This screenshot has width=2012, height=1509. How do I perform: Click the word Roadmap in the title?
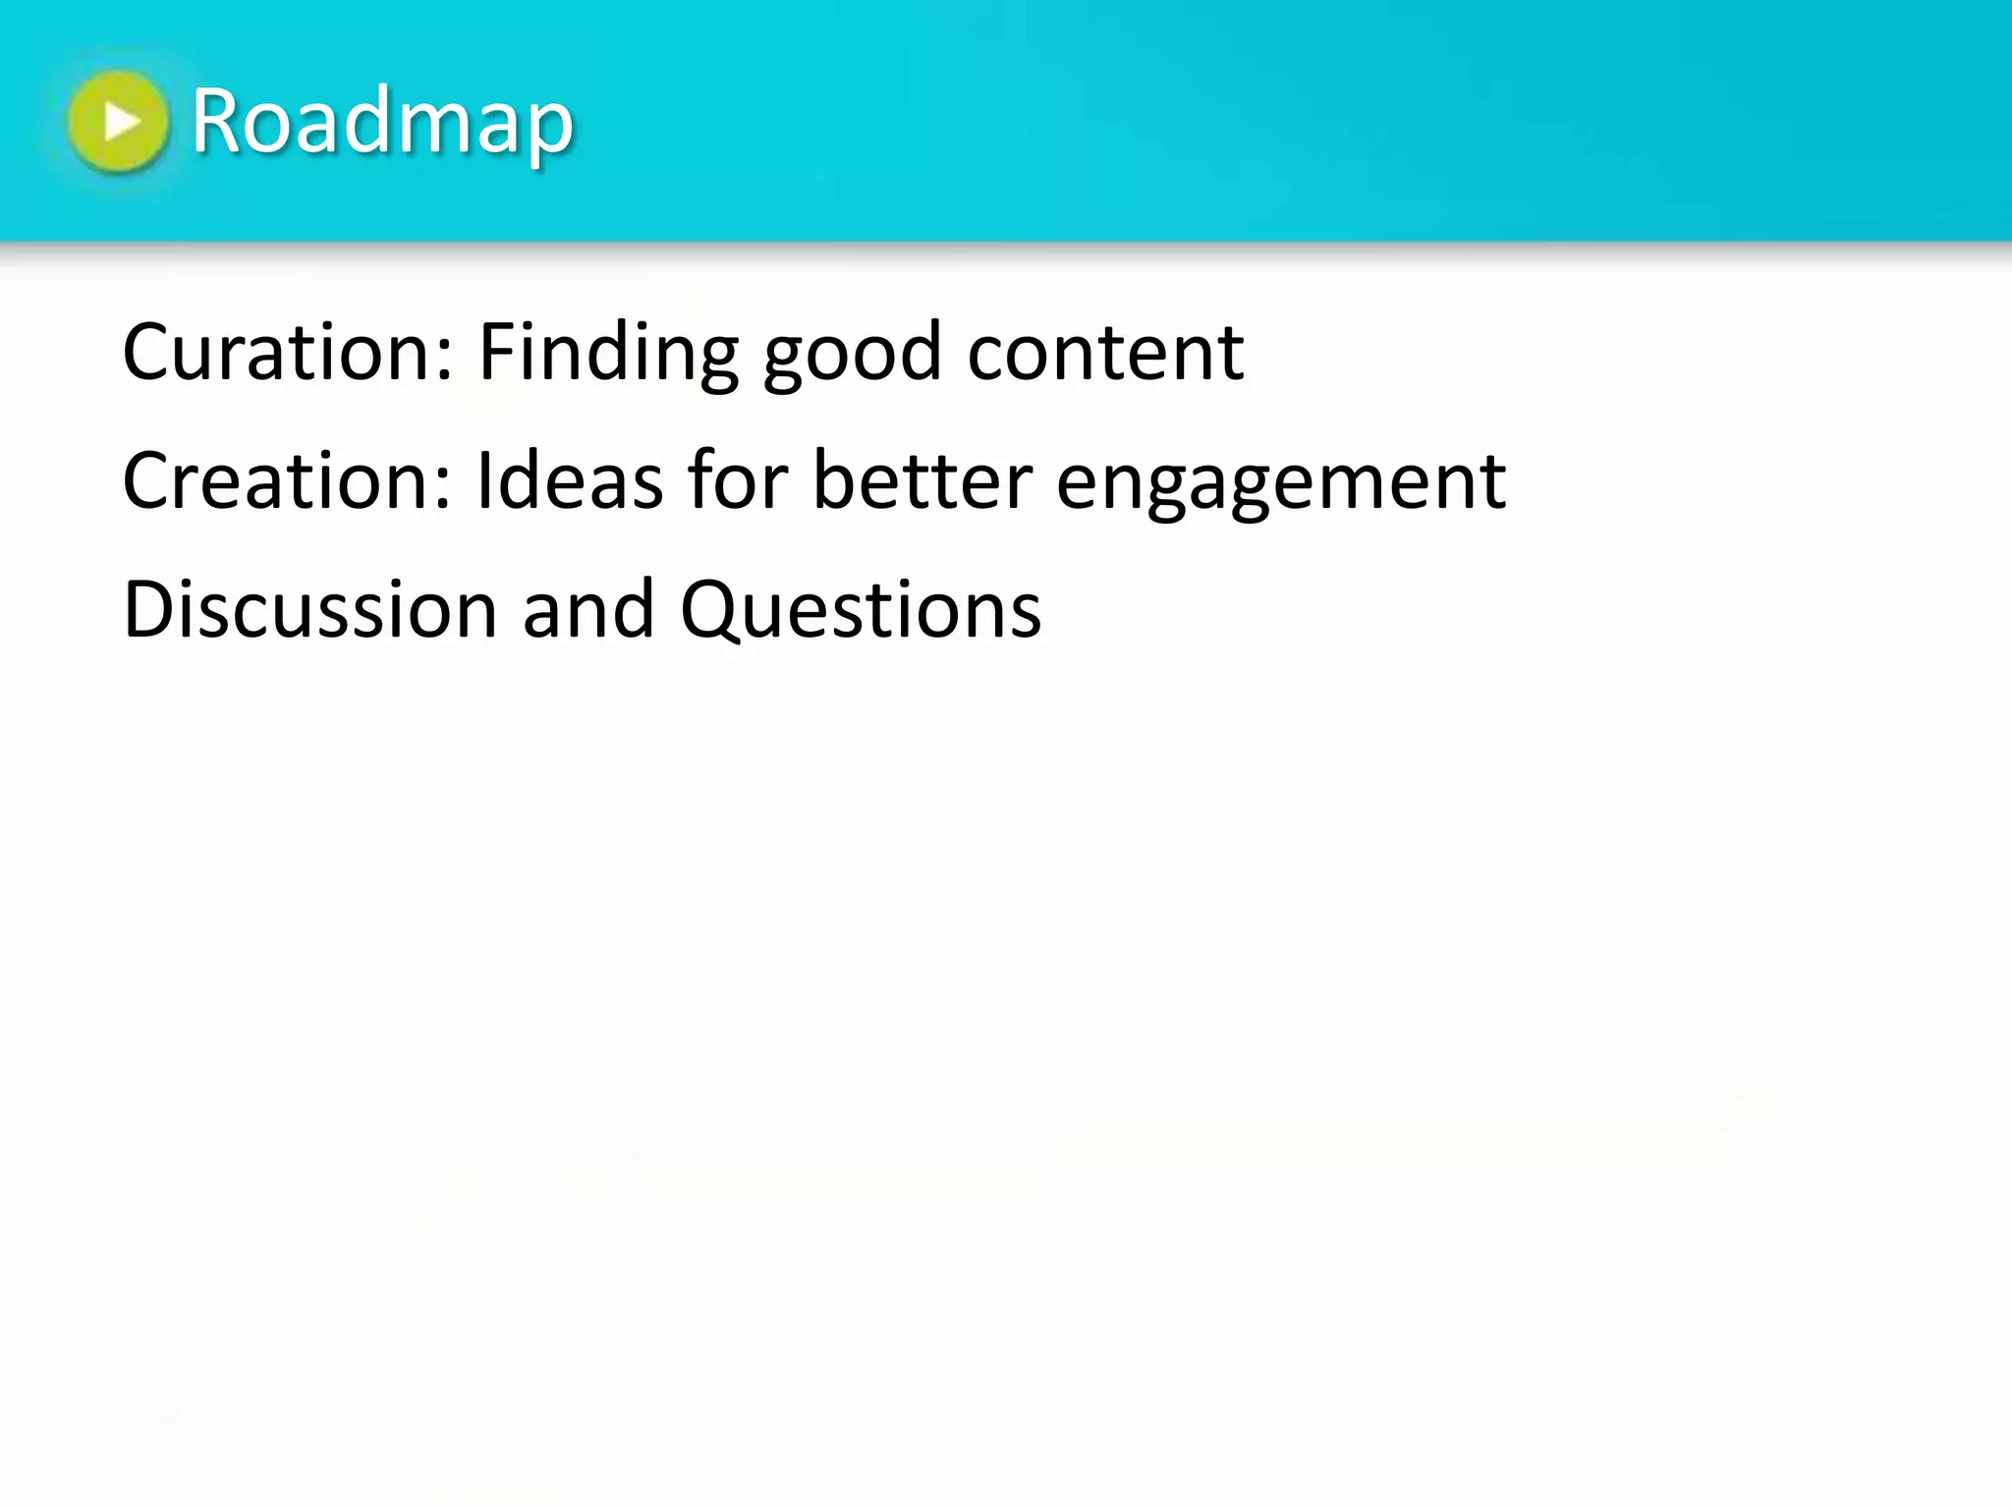[382, 122]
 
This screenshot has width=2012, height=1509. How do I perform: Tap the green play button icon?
[118, 122]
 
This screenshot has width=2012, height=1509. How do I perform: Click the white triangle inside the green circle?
[121, 122]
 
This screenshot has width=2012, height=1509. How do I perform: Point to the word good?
[853, 354]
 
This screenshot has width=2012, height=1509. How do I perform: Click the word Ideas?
[570, 480]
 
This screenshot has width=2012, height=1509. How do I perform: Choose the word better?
[922, 480]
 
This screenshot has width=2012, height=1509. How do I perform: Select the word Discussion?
[309, 609]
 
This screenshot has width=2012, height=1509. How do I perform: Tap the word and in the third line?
[587, 609]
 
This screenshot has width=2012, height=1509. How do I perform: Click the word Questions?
[860, 609]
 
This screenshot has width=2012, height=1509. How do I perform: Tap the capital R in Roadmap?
[216, 122]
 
